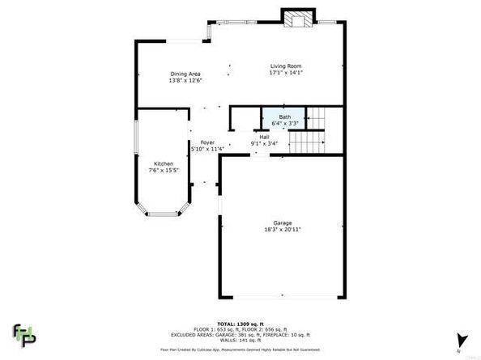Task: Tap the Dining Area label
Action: tap(185, 74)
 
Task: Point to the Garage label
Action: tap(282, 222)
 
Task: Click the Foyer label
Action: tap(206, 142)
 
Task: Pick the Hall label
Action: tap(264, 137)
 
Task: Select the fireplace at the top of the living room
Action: tap(296, 19)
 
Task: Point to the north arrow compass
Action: tap(461, 341)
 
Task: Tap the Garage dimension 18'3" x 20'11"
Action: tap(282, 230)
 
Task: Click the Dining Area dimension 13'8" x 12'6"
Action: tap(185, 81)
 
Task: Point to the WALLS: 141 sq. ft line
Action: tap(240, 341)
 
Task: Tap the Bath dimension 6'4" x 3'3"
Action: tap(284, 124)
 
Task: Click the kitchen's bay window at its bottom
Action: tap(161, 214)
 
